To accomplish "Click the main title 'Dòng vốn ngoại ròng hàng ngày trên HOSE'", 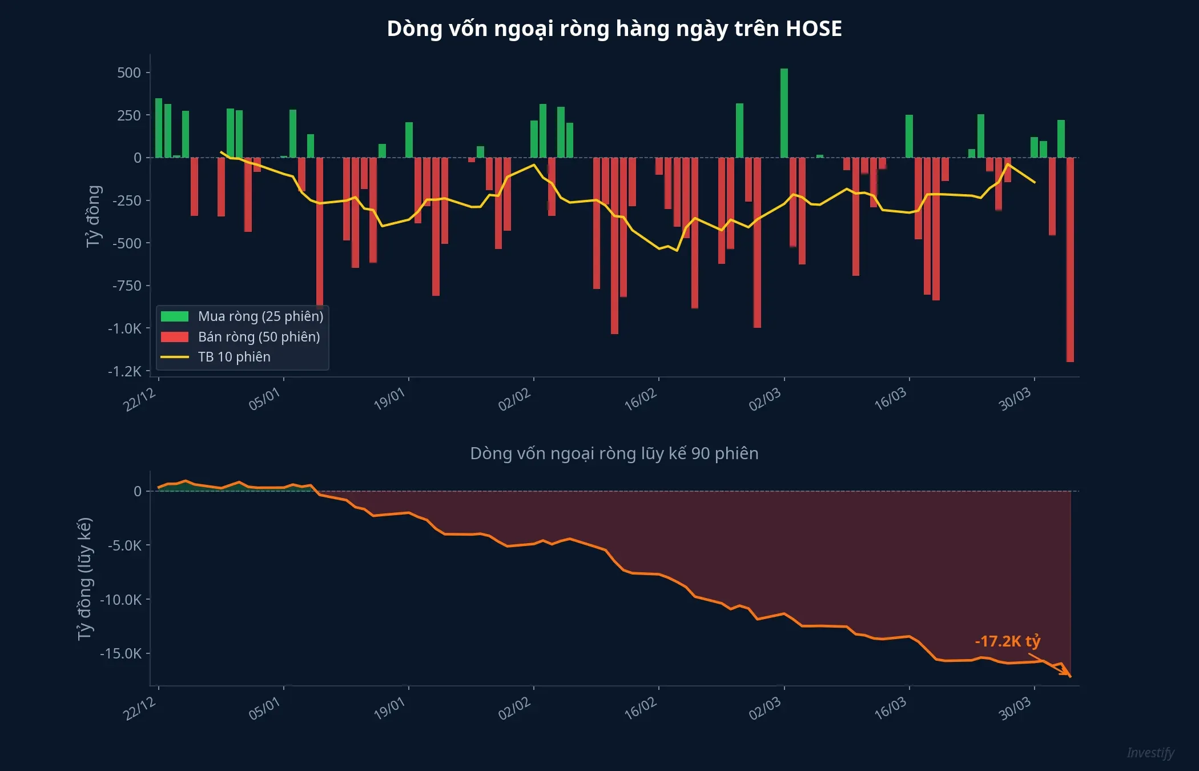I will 614,29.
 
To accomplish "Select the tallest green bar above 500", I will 784,113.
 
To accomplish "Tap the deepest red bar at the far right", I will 1070,260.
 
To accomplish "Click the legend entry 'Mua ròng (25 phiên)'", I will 260,316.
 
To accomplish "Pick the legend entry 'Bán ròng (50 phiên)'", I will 259,337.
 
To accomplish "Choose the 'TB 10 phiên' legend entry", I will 234,357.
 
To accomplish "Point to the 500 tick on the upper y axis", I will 129,73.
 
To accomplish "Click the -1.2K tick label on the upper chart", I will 124,371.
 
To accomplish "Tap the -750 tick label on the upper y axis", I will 127,286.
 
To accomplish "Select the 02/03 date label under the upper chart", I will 765,400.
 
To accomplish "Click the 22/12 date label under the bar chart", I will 140,400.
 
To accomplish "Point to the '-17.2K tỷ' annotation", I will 1008,641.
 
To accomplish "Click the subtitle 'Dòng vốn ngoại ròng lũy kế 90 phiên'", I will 614,453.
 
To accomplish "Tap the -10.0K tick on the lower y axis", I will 121,600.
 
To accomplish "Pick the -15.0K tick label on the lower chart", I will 121,653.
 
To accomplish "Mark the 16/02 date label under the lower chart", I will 641,709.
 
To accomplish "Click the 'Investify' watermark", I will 1150,753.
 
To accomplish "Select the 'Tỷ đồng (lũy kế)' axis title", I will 85,579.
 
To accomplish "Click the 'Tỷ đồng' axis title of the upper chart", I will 94,216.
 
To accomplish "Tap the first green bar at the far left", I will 159,128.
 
